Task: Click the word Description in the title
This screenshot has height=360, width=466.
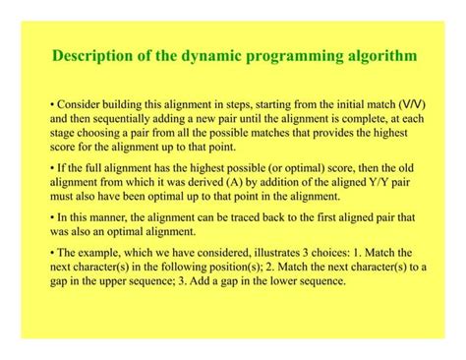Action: click(93, 57)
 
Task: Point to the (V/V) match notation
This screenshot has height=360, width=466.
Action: click(413, 103)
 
